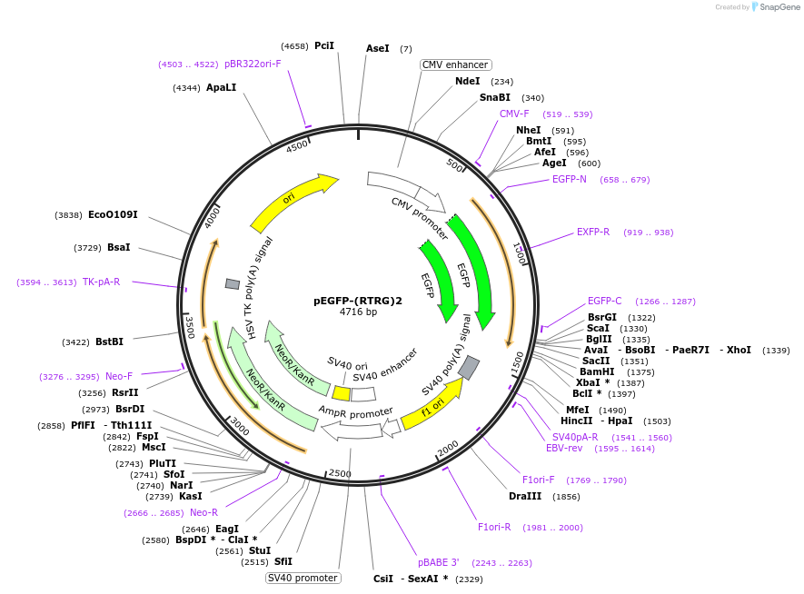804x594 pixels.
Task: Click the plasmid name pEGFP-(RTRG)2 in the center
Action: [x=357, y=301]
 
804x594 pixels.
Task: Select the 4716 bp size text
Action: [x=358, y=312]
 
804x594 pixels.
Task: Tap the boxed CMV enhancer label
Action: [x=456, y=64]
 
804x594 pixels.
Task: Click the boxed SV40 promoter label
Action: [x=303, y=578]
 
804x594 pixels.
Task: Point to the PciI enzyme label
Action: [x=324, y=45]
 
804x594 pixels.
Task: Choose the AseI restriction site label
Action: [x=378, y=48]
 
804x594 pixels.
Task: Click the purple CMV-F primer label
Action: [x=514, y=114]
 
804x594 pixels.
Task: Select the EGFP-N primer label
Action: [x=570, y=179]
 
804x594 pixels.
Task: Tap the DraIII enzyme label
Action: [x=525, y=496]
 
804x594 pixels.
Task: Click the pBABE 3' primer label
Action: [x=439, y=562]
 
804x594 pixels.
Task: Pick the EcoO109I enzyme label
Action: [x=113, y=214]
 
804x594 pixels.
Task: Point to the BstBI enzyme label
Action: [x=109, y=342]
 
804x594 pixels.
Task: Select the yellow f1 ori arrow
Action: [x=431, y=403]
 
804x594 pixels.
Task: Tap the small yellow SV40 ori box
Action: [x=341, y=393]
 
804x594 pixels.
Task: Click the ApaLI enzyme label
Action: [x=221, y=87]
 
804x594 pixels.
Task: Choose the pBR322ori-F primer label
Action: [x=253, y=64]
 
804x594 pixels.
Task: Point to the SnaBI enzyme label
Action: [x=495, y=97]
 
